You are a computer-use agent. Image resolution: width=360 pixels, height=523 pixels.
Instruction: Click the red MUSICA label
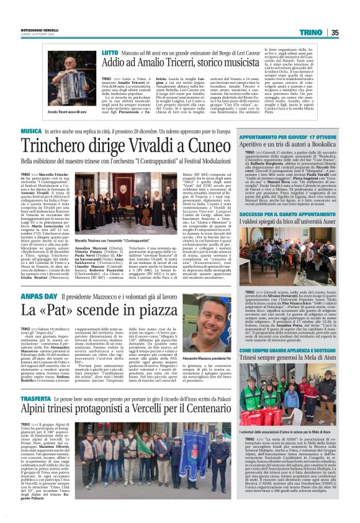coord(31,132)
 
